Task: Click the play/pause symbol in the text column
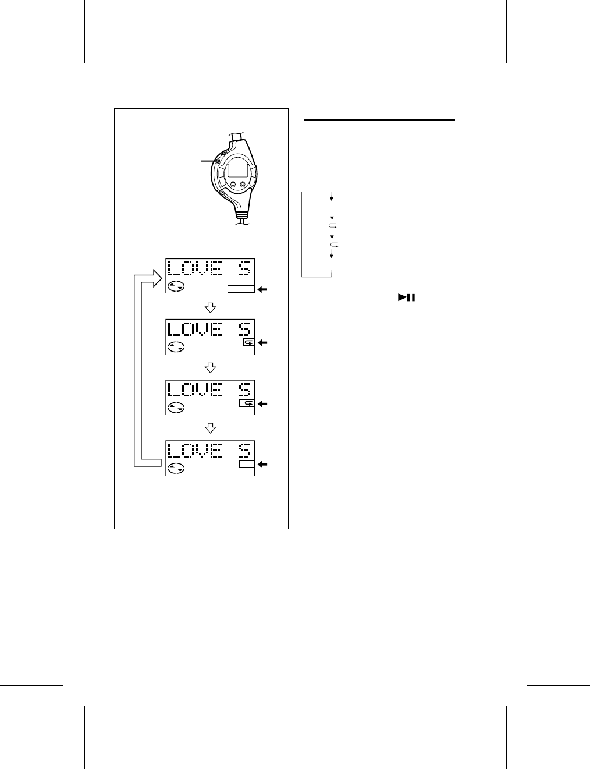tap(406, 297)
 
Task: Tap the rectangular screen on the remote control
tap(237, 170)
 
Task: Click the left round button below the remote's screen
tap(233, 185)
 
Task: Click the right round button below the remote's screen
tap(243, 185)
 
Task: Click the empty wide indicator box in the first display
tap(241, 289)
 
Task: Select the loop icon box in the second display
tap(248, 343)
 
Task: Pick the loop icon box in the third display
tap(247, 403)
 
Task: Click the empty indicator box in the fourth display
tap(247, 464)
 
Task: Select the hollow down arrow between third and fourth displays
tap(211, 428)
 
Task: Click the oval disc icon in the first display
tap(176, 286)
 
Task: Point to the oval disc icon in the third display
tap(176, 407)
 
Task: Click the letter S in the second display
tap(245, 329)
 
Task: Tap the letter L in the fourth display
tap(173, 450)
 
